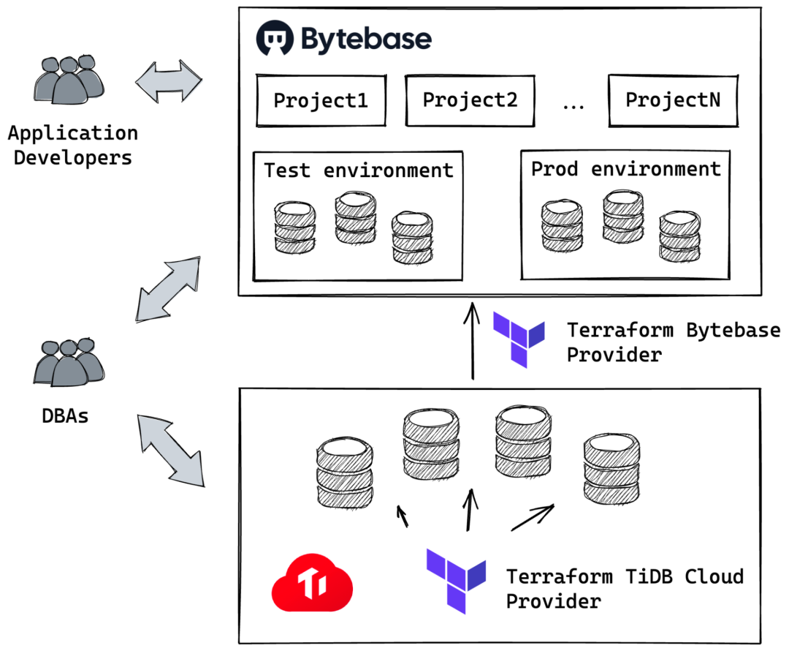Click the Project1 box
point(320,100)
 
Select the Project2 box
point(470,99)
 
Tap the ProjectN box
point(673,99)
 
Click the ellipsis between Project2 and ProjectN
point(573,105)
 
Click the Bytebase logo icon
point(275,39)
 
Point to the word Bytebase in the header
point(365,39)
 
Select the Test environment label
point(358,170)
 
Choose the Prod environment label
point(625,169)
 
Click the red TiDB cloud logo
point(312,584)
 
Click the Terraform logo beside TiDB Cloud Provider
point(456,582)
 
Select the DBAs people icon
point(65,363)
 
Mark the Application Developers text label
point(72,146)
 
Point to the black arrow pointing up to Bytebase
point(473,340)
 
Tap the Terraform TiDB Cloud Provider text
point(625,589)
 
